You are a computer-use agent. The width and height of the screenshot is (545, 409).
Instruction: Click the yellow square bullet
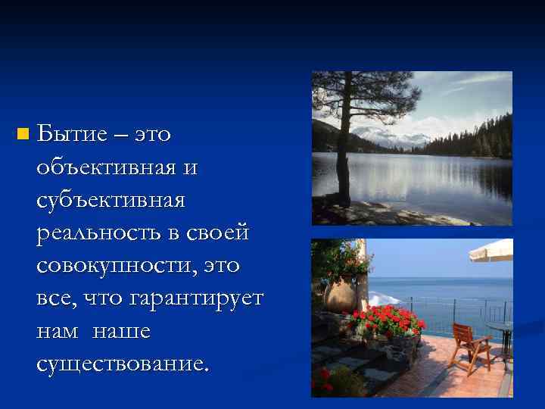pos(23,135)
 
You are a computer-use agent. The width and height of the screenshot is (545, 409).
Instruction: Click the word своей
pos(219,233)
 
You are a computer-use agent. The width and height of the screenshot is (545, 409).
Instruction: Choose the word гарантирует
pos(196,298)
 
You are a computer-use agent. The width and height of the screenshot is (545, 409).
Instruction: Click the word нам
pos(56,332)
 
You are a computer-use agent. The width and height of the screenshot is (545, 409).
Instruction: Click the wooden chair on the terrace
pos(469,345)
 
